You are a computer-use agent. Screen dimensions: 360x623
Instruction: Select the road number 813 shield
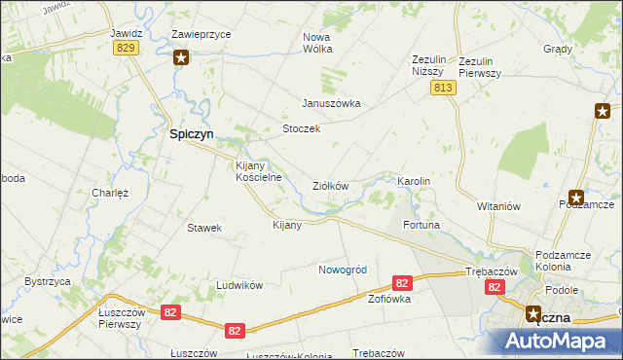point(443,88)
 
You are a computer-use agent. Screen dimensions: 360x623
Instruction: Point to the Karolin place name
point(413,182)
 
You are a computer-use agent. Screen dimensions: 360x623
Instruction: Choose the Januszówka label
point(331,103)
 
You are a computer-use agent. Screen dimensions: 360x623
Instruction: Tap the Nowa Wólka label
point(317,42)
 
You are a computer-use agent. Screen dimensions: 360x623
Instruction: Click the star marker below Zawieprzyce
point(181,58)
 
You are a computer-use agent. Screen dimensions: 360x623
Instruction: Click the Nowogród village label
point(342,269)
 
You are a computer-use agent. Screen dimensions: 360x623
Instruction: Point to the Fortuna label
point(421,225)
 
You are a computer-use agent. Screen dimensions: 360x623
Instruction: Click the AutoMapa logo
point(557,341)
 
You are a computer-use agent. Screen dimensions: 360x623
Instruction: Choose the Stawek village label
point(205,228)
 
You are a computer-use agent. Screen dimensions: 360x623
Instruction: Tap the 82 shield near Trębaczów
point(495,287)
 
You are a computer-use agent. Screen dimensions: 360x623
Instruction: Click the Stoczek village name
point(301,128)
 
